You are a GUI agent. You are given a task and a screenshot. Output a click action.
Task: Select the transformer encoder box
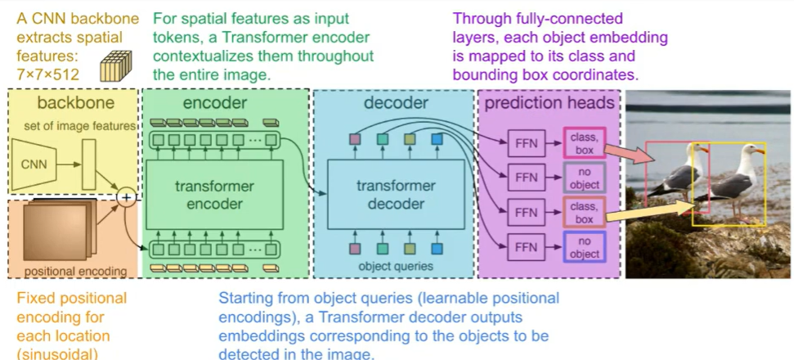tap(215, 195)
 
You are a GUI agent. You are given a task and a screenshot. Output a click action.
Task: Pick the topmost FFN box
tap(527, 144)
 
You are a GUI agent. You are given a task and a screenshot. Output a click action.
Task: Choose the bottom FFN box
tap(527, 247)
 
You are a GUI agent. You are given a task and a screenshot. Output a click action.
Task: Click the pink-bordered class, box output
tap(584, 143)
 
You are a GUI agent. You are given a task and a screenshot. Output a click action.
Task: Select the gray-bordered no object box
tap(584, 178)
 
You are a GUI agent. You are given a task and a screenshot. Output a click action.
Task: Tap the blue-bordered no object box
tap(584, 247)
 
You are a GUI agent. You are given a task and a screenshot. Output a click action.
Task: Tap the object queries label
tap(396, 266)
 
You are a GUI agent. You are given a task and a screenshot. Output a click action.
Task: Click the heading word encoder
tap(215, 103)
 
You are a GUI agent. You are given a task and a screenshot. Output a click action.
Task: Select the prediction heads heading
tap(550, 103)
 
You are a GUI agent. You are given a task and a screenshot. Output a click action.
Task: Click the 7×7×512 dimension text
tap(48, 74)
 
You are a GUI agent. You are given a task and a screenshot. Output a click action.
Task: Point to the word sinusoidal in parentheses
tap(63, 353)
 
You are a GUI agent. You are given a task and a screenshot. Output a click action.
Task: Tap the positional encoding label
tap(76, 271)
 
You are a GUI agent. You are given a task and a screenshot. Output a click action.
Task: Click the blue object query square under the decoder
tap(437, 249)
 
